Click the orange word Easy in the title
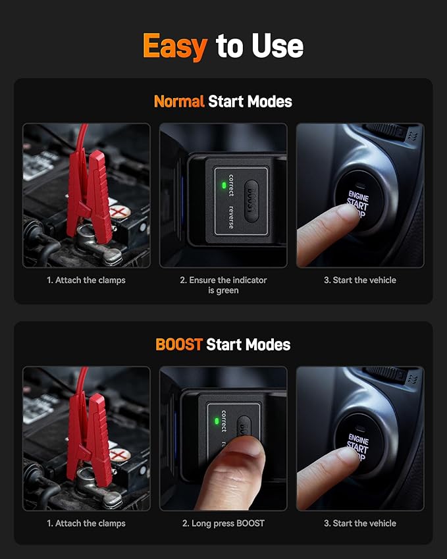click(x=174, y=47)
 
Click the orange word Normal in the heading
click(x=178, y=101)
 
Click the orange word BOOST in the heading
click(x=178, y=344)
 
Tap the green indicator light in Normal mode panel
click(x=224, y=186)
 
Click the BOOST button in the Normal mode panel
click(x=250, y=197)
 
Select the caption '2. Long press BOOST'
click(x=223, y=523)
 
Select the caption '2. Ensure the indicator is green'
click(x=223, y=285)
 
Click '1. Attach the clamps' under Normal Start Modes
click(x=86, y=280)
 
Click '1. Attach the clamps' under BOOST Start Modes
click(x=86, y=523)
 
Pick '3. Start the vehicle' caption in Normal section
click(x=359, y=280)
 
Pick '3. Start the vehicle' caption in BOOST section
click(x=359, y=523)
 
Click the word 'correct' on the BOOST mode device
click(x=224, y=422)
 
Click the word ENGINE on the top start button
click(x=358, y=196)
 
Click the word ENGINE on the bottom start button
click(x=358, y=439)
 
